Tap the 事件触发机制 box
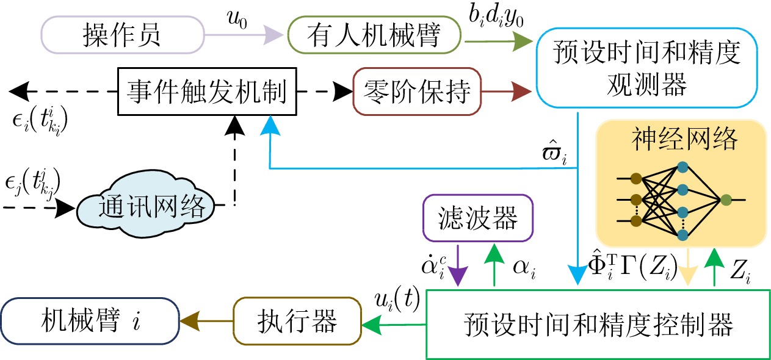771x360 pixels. (x=206, y=93)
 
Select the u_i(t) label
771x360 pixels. (x=396, y=299)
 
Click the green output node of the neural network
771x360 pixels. (x=725, y=199)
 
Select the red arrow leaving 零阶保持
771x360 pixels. (x=507, y=93)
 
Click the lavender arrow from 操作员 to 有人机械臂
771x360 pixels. (x=244, y=35)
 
